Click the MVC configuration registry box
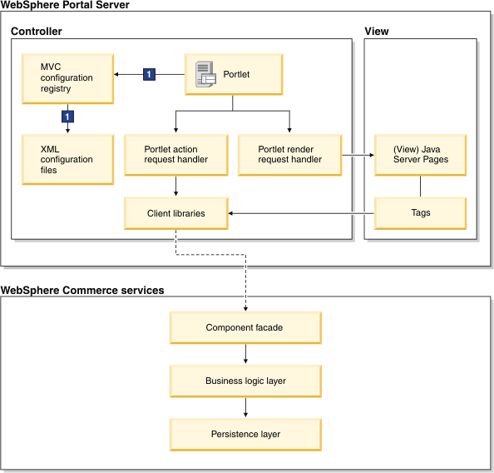pos(67,78)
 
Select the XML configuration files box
pos(67,159)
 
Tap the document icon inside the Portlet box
pos(205,74)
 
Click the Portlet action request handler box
pos(176,155)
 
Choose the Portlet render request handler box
pos(290,155)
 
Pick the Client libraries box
pos(176,213)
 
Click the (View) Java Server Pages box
pos(420,155)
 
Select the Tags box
pos(420,213)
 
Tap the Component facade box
pos(245,327)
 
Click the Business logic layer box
pos(245,381)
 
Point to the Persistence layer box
pos(245,435)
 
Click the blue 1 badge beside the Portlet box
pos(149,74)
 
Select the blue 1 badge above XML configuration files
pos(67,117)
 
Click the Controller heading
pos(37,32)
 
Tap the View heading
pos(377,32)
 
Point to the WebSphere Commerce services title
pos(82,291)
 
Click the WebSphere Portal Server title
pos(65,5)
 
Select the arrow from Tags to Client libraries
pos(301,214)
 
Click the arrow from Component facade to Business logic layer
pos(245,354)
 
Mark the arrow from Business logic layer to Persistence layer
pos(245,407)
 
